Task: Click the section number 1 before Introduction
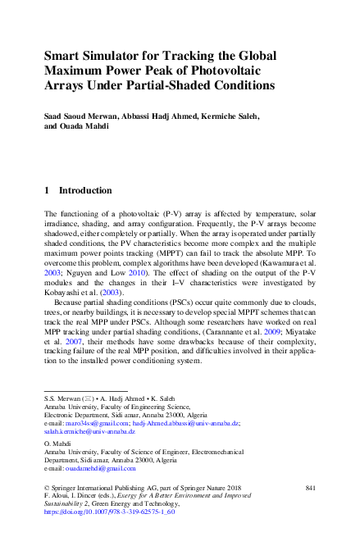click(x=47, y=190)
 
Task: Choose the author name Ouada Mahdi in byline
click(x=87, y=127)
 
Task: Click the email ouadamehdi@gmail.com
click(x=98, y=468)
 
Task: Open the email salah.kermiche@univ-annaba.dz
click(x=89, y=431)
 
